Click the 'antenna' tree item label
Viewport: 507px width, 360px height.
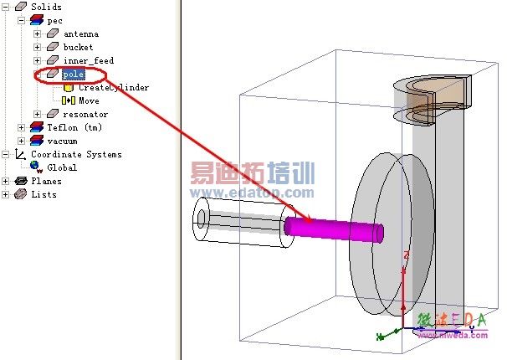(x=80, y=34)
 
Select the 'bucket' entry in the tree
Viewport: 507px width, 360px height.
(x=78, y=48)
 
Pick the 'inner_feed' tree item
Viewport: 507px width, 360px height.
(x=88, y=61)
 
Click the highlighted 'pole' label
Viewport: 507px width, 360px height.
(x=74, y=75)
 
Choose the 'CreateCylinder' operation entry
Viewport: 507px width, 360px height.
(x=114, y=88)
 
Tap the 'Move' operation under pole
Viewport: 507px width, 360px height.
(x=89, y=101)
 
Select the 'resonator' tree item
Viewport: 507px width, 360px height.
(x=85, y=115)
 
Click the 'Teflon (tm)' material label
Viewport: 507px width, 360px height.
(x=74, y=128)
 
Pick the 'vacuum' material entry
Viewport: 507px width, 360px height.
(x=62, y=141)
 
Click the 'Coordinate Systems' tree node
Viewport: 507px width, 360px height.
(x=76, y=155)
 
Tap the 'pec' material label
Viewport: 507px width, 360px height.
(x=54, y=21)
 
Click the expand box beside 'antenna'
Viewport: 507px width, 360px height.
(x=37, y=34)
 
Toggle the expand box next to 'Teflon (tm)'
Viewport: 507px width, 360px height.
(x=21, y=128)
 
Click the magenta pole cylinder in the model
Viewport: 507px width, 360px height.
(x=335, y=228)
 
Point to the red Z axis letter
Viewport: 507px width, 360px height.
(x=406, y=255)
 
